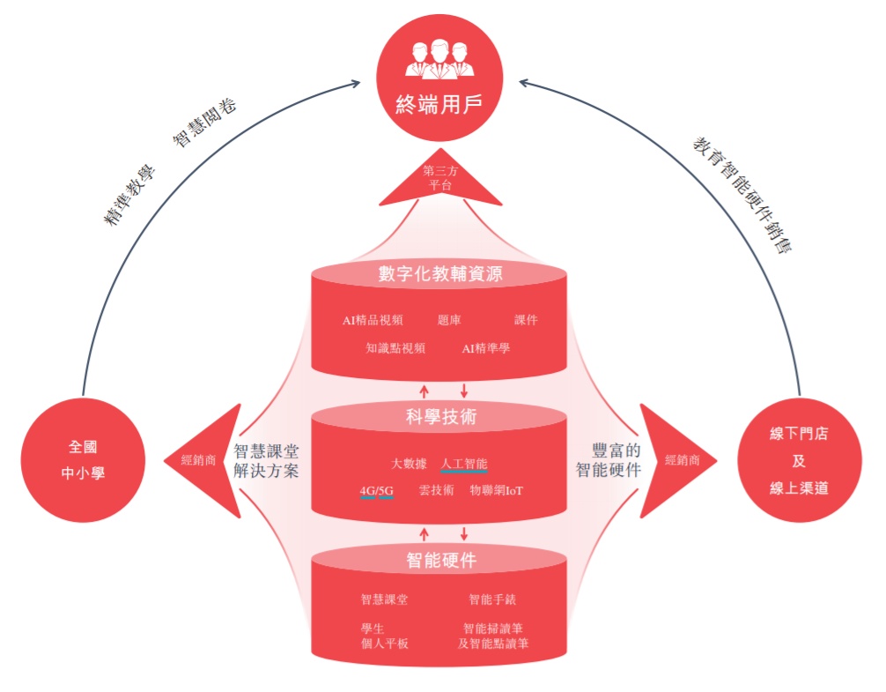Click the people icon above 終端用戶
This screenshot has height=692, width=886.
[439, 59]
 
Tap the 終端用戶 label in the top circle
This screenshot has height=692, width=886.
[439, 107]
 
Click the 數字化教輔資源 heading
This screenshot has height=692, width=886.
[439, 274]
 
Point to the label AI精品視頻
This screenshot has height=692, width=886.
[373, 320]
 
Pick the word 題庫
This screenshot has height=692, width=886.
[449, 320]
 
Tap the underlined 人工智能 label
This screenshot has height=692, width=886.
[463, 463]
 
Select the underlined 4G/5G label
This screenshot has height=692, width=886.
[376, 491]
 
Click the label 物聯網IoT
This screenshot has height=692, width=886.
[497, 491]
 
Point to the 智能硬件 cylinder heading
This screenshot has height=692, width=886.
[439, 560]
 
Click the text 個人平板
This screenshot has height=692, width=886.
[385, 644]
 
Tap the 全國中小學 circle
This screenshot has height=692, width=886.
[85, 459]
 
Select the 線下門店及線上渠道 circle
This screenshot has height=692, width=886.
[799, 459]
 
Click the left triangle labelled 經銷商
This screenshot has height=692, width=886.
[203, 459]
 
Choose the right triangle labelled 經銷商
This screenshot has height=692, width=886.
[677, 459]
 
